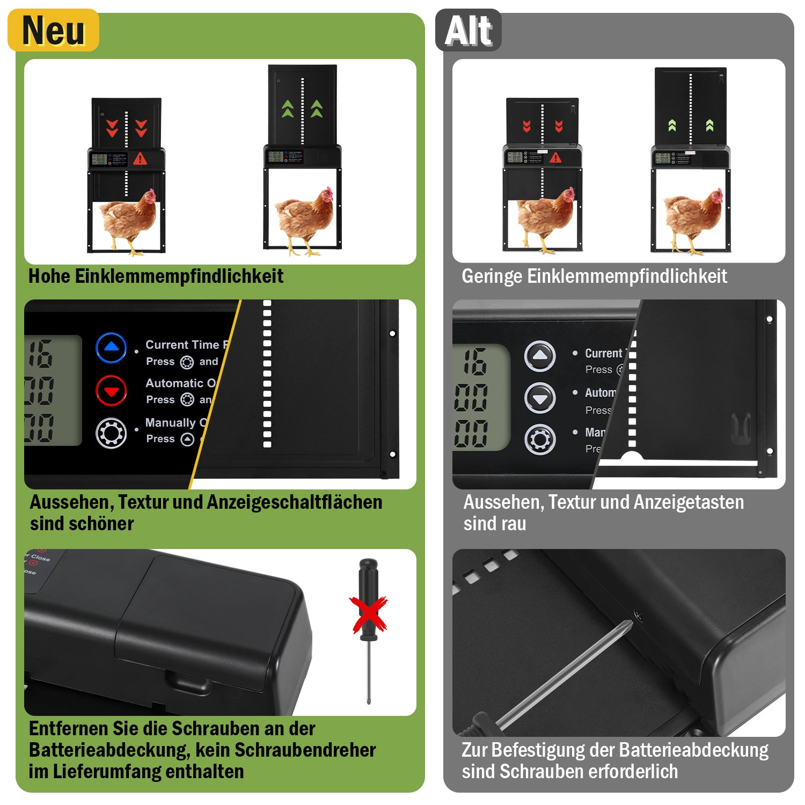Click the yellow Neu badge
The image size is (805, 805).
tap(53, 31)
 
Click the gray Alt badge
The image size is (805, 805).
tap(468, 31)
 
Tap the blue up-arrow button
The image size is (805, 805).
tap(111, 348)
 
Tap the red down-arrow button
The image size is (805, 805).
tap(111, 391)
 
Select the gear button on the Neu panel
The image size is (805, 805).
tap(111, 433)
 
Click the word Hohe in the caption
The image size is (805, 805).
tap(49, 276)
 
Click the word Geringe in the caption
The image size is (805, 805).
tap(492, 276)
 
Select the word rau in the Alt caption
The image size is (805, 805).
tap(515, 524)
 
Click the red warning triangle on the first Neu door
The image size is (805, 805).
tap(140, 159)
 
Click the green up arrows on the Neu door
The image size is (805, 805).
tap(302, 109)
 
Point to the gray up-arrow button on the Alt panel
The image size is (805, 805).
tap(539, 356)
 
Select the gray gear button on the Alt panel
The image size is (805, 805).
tap(539, 440)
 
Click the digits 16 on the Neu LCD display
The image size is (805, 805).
tap(41, 354)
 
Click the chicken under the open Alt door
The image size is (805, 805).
tap(693, 218)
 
